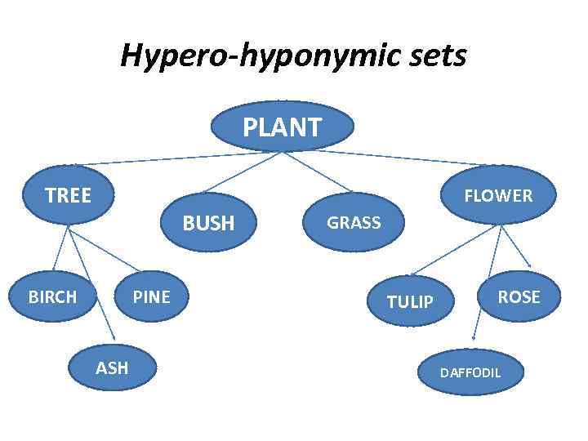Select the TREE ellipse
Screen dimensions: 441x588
coord(69,195)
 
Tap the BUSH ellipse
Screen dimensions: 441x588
coord(208,222)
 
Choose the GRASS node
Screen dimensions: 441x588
coord(354,221)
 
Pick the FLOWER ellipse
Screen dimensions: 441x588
coord(498,195)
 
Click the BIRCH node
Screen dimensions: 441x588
coord(52,296)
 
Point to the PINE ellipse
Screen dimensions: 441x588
coord(152,296)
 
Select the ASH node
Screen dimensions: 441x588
coord(112,367)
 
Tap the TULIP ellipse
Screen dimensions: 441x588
coord(410,302)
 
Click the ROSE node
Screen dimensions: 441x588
coord(519,296)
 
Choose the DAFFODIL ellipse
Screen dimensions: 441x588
coord(470,372)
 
